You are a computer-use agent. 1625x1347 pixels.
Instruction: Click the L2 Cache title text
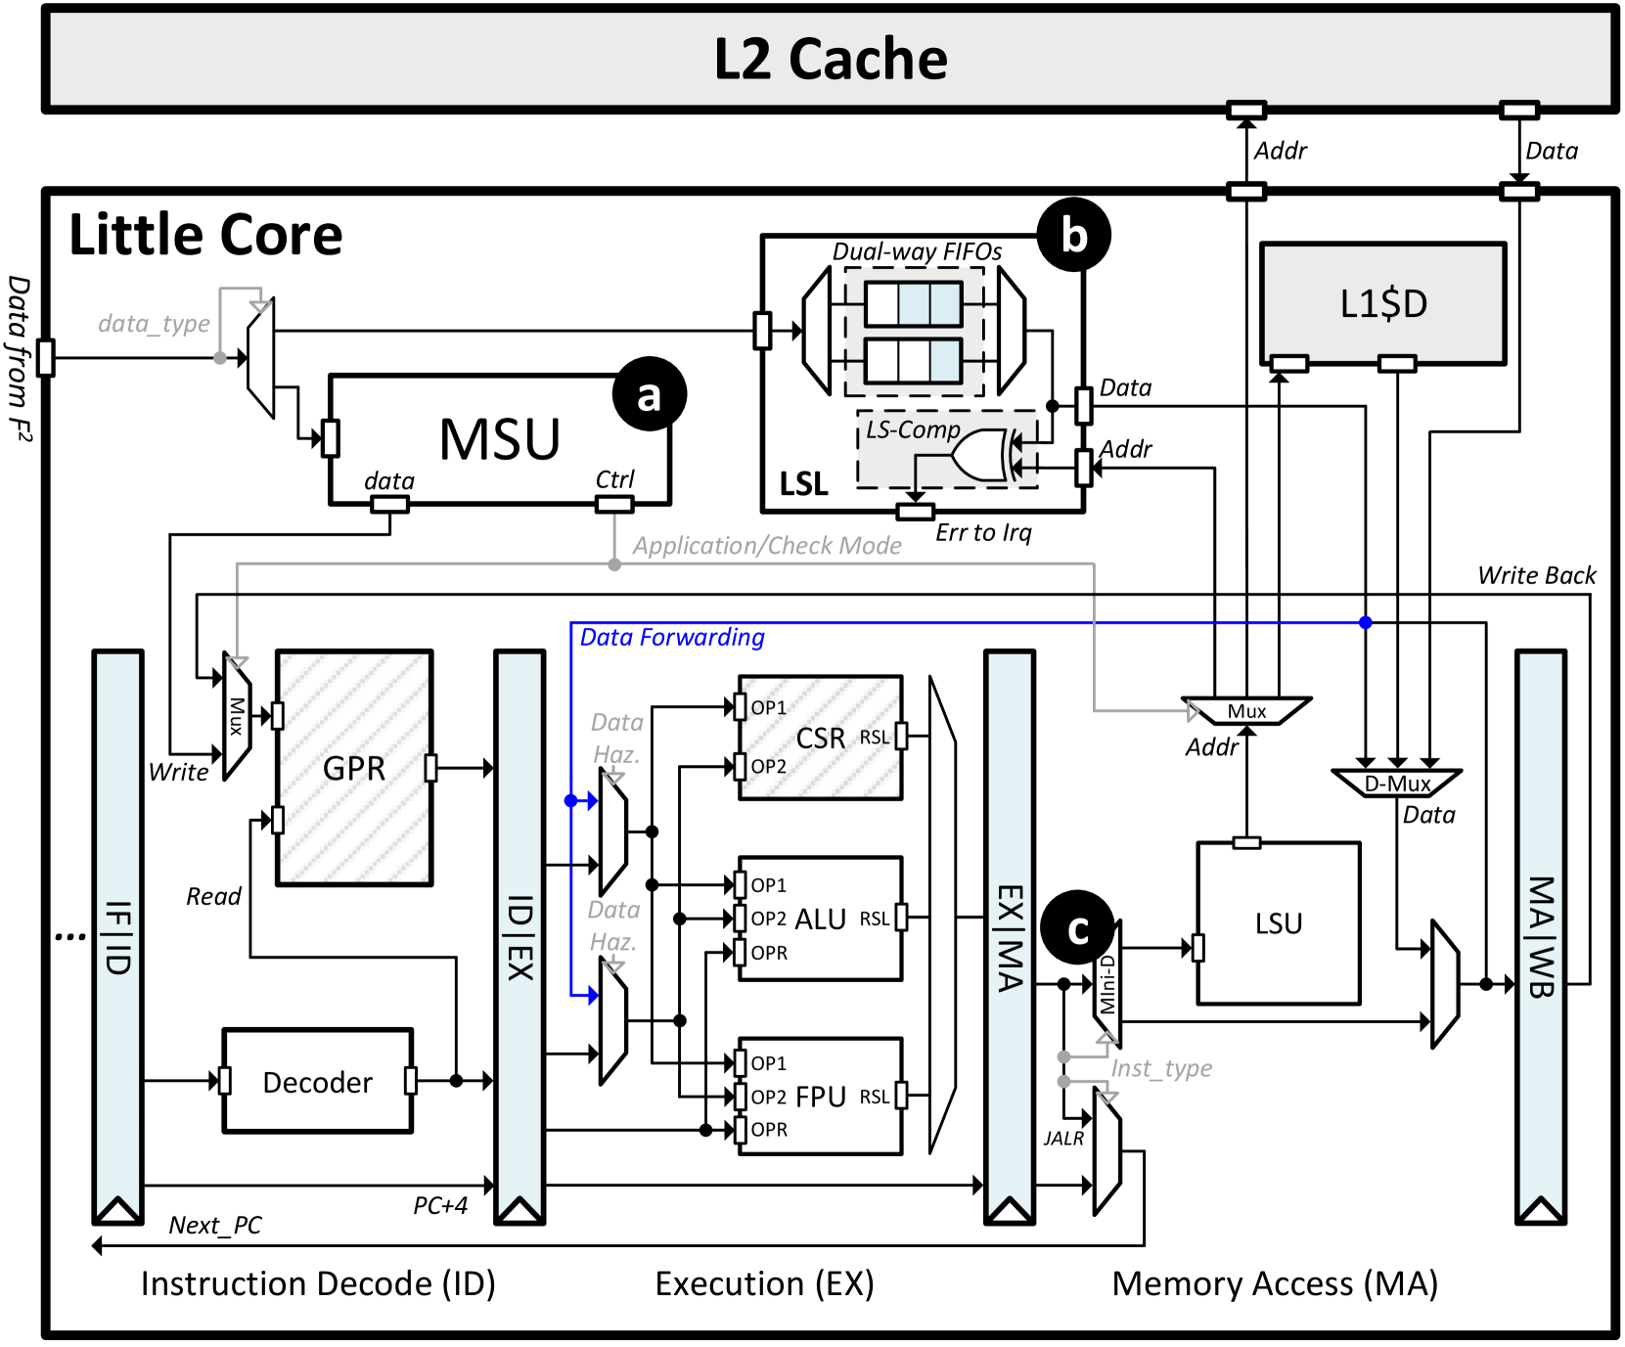[x=830, y=60]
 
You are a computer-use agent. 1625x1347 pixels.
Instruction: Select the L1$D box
[x=1382, y=304]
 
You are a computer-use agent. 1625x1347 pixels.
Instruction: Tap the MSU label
[x=499, y=439]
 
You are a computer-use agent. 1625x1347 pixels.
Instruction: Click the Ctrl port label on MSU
[x=614, y=479]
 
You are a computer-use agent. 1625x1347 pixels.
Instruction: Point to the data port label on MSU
[x=388, y=480]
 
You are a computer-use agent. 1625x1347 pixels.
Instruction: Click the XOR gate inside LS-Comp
[x=980, y=456]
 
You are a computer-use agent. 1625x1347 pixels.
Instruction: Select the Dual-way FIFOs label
[x=917, y=251]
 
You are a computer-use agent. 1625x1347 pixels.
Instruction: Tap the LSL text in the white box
[x=803, y=484]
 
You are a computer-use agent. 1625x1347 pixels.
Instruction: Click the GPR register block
[x=354, y=768]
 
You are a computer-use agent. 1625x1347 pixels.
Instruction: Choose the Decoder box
[x=317, y=1081]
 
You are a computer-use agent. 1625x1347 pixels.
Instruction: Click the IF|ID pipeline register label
[x=117, y=937]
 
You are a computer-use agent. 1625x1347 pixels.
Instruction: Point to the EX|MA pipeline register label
[x=1010, y=937]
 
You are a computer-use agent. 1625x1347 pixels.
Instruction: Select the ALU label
[x=820, y=920]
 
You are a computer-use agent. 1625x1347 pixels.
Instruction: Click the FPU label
[x=820, y=1097]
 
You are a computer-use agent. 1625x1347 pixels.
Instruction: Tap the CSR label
[x=820, y=739]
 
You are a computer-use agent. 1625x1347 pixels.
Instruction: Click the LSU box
[x=1278, y=923]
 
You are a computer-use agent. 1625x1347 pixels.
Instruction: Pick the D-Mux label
[x=1396, y=784]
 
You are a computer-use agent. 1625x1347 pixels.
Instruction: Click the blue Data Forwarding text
[x=672, y=638]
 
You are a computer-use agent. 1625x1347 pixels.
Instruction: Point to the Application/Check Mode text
[x=767, y=546]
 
